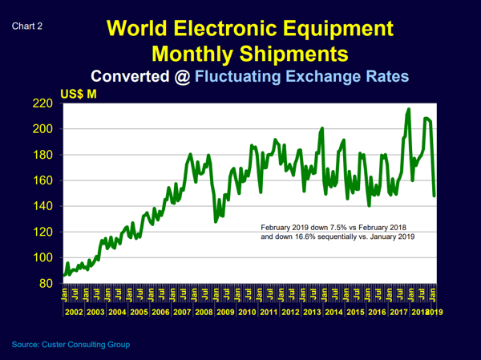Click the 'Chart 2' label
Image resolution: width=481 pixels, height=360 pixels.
(x=27, y=26)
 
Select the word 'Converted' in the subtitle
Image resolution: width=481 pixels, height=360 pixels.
(x=137, y=77)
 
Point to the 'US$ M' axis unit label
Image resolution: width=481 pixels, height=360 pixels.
(x=79, y=95)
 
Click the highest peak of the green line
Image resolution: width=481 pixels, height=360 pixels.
(x=409, y=109)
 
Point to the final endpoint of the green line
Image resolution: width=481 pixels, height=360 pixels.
(x=435, y=195)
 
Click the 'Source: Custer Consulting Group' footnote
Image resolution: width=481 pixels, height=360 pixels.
(x=71, y=345)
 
